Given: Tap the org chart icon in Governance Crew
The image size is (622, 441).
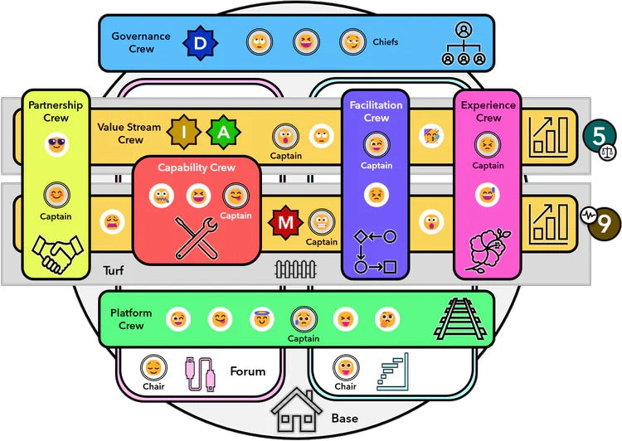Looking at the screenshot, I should (463, 42).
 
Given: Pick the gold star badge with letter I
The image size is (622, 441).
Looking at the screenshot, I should (182, 131).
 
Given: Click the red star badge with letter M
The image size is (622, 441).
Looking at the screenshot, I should (284, 221).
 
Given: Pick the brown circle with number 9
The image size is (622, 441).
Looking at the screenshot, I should (604, 222).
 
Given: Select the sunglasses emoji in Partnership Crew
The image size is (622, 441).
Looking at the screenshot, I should (56, 148).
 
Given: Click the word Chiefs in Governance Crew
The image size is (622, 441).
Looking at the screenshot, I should (386, 42).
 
